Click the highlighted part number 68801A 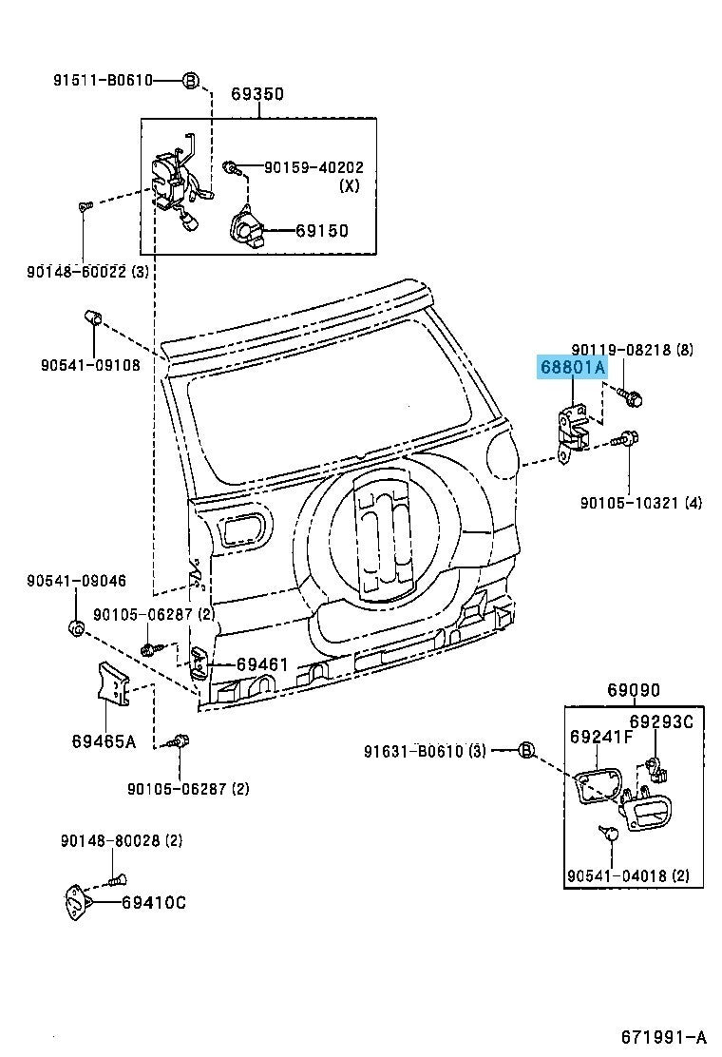[573, 368]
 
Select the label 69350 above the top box [257, 94]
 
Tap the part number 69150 [323, 231]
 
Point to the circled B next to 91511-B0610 [191, 81]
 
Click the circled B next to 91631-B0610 [526, 750]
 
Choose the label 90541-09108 [90, 365]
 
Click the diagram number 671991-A [663, 1036]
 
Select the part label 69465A [104, 741]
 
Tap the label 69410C [154, 903]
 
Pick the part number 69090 [634, 690]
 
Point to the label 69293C [661, 722]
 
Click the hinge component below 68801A [571, 430]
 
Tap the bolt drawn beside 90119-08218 [630, 397]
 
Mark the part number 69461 [262, 664]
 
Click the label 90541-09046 [77, 581]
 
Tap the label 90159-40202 [313, 167]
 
